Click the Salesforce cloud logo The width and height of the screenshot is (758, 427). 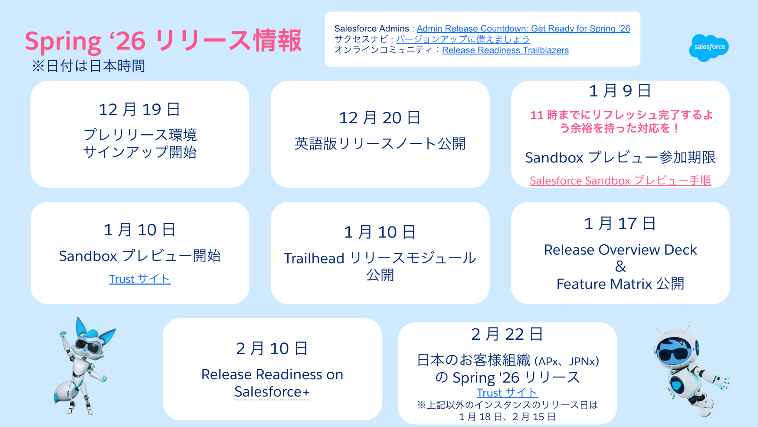(709, 47)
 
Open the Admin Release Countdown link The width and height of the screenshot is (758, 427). (523, 28)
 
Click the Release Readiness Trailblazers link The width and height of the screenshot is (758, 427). (505, 50)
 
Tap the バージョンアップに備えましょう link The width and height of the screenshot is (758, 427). (463, 39)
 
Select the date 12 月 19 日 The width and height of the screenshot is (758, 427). (140, 109)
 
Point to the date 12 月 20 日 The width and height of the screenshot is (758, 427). (380, 118)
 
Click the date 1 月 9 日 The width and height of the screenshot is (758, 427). (620, 91)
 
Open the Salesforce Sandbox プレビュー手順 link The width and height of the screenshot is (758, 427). (620, 181)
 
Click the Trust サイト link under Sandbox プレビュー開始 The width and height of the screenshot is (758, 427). (140, 279)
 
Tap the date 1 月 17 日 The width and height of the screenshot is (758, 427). (620, 223)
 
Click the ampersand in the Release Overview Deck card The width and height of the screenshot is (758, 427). (620, 266)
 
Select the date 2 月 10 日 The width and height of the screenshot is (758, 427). (272, 348)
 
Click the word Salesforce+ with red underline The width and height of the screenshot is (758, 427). (272, 392)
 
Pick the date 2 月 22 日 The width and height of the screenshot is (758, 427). (507, 334)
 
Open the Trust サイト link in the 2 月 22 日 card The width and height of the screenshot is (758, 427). (507, 392)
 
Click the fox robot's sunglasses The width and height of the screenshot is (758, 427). (87, 346)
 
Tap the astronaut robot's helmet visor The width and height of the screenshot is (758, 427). (673, 351)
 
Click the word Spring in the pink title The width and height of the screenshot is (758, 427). (63, 41)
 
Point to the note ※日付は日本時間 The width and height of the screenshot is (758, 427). (88, 66)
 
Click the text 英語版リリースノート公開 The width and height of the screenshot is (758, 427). (380, 144)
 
